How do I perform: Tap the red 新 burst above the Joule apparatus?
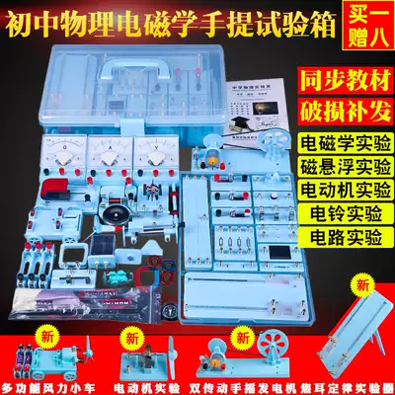(x=326, y=285)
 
